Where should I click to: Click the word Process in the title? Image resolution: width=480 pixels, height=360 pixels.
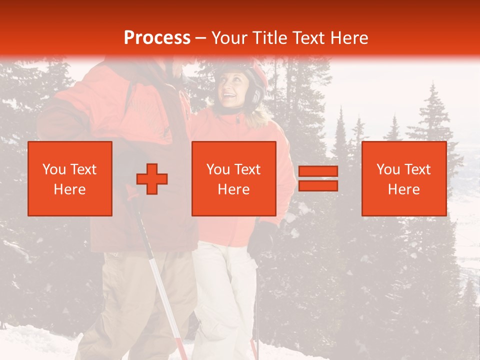tap(157, 38)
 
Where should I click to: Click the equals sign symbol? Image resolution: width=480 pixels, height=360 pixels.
tap(318, 178)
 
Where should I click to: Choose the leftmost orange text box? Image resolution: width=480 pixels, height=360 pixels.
tap(70, 178)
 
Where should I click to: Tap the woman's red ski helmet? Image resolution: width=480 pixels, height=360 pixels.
tap(258, 72)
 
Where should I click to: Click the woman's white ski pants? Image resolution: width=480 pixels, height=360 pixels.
tap(225, 295)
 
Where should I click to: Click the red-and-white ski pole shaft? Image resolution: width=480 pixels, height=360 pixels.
tap(160, 280)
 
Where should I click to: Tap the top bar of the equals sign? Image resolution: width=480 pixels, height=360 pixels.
tap(318, 171)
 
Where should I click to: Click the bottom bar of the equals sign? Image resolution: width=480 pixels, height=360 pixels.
tap(318, 186)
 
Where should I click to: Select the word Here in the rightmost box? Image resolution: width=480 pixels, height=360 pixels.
tap(404, 189)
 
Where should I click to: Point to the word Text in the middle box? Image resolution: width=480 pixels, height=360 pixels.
tap(246, 169)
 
